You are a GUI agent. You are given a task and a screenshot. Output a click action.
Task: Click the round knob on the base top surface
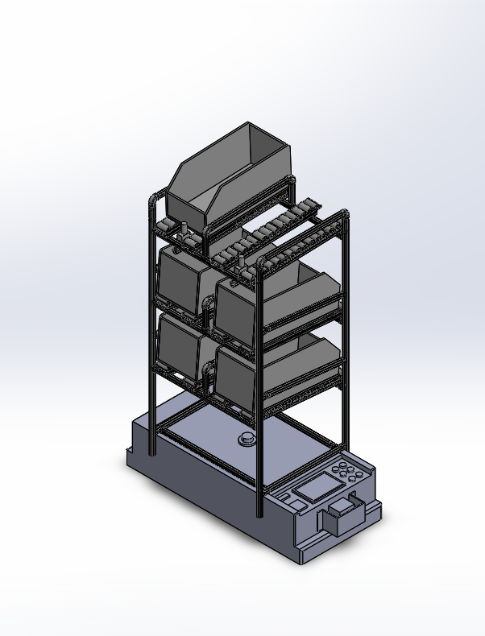[245, 440]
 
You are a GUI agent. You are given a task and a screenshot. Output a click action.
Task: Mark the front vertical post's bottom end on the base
[258, 512]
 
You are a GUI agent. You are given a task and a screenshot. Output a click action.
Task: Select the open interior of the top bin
[266, 145]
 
